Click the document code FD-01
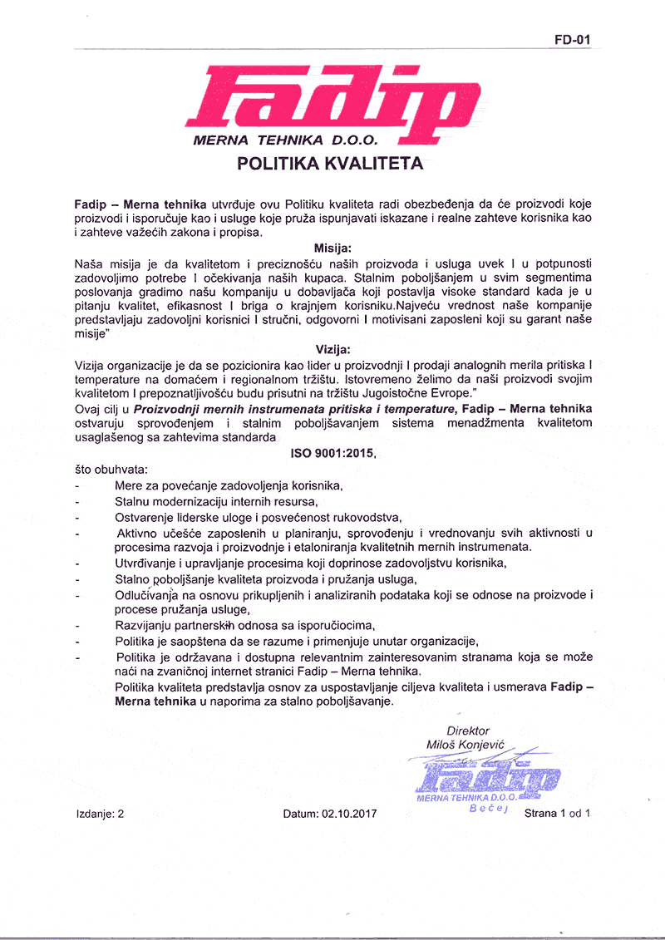click(572, 38)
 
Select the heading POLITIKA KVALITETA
click(331, 163)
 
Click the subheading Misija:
click(332, 249)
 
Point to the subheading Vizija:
click(332, 350)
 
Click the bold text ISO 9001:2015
click(332, 455)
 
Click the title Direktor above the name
click(468, 731)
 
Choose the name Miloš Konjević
click(465, 745)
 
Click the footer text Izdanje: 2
click(99, 815)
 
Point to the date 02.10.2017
click(347, 815)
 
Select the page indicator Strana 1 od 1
click(557, 814)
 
